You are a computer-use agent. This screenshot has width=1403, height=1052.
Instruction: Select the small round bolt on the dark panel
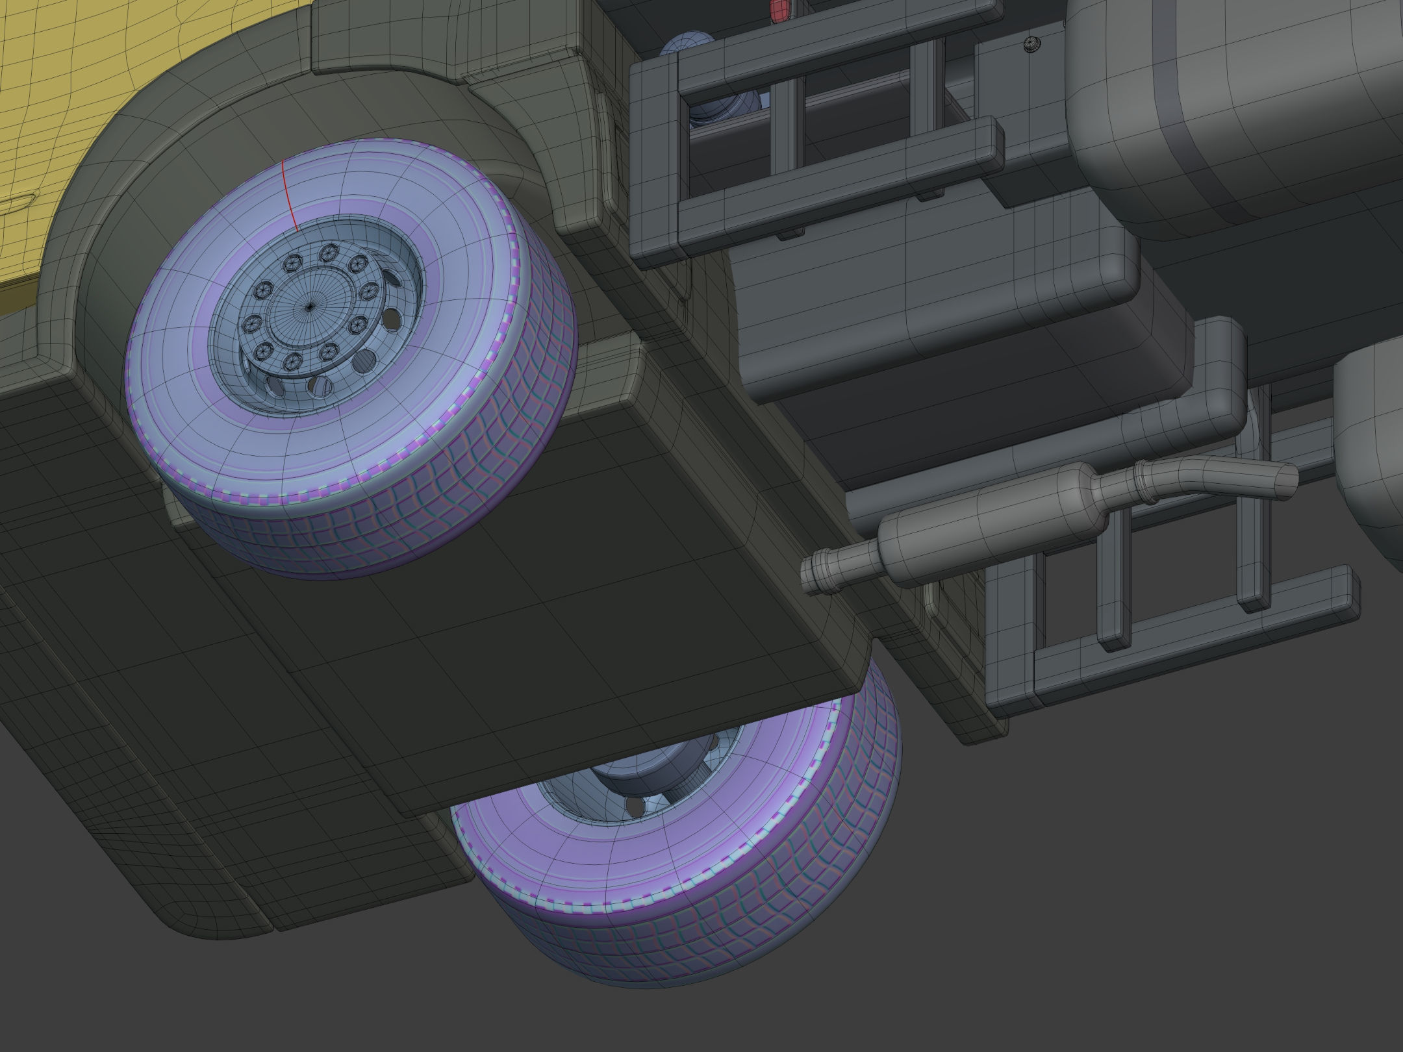click(x=1031, y=44)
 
